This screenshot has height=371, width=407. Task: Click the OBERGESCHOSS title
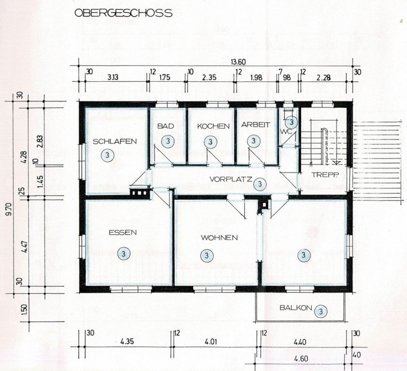tap(123, 13)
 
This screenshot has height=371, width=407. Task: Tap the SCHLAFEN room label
tap(115, 142)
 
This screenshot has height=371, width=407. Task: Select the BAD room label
tap(166, 126)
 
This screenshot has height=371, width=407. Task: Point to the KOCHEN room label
tap(213, 126)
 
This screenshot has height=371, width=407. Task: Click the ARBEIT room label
tap(255, 125)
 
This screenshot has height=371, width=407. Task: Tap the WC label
tap(284, 131)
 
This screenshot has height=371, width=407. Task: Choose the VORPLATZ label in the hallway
tap(230, 179)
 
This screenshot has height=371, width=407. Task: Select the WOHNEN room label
tap(219, 238)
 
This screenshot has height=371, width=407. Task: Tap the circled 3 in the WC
tap(292, 121)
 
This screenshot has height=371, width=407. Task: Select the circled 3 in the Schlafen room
tap(106, 155)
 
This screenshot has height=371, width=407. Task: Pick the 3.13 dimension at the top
tap(113, 77)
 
